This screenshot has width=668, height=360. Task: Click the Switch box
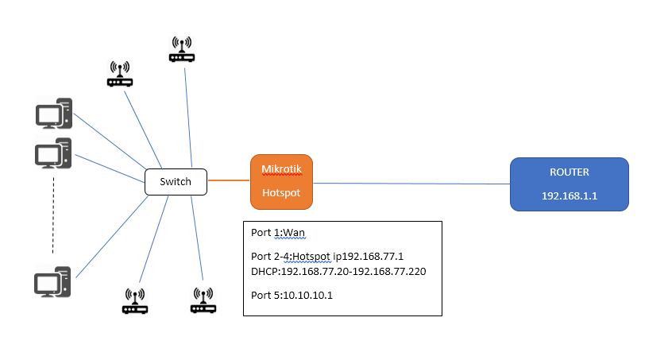(x=175, y=182)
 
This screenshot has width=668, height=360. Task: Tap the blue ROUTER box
(x=569, y=184)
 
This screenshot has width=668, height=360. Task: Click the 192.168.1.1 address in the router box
(x=569, y=195)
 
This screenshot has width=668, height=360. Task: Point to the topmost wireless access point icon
(x=182, y=49)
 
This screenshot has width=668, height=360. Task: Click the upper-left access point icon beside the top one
(x=121, y=74)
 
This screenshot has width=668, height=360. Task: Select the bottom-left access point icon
(x=135, y=300)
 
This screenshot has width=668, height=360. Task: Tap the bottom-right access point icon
(x=203, y=300)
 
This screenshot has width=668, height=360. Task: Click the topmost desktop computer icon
(x=54, y=113)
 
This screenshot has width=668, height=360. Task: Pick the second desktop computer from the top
(x=54, y=153)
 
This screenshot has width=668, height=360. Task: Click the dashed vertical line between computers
(x=53, y=215)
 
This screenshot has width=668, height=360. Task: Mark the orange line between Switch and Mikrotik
(x=228, y=181)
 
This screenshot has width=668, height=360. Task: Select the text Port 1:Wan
(x=278, y=233)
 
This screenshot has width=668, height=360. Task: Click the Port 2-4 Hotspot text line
(x=326, y=257)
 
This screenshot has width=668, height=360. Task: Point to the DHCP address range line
(x=338, y=270)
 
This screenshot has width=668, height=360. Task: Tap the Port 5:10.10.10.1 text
(x=292, y=295)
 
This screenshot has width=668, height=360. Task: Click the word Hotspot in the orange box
(x=280, y=192)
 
